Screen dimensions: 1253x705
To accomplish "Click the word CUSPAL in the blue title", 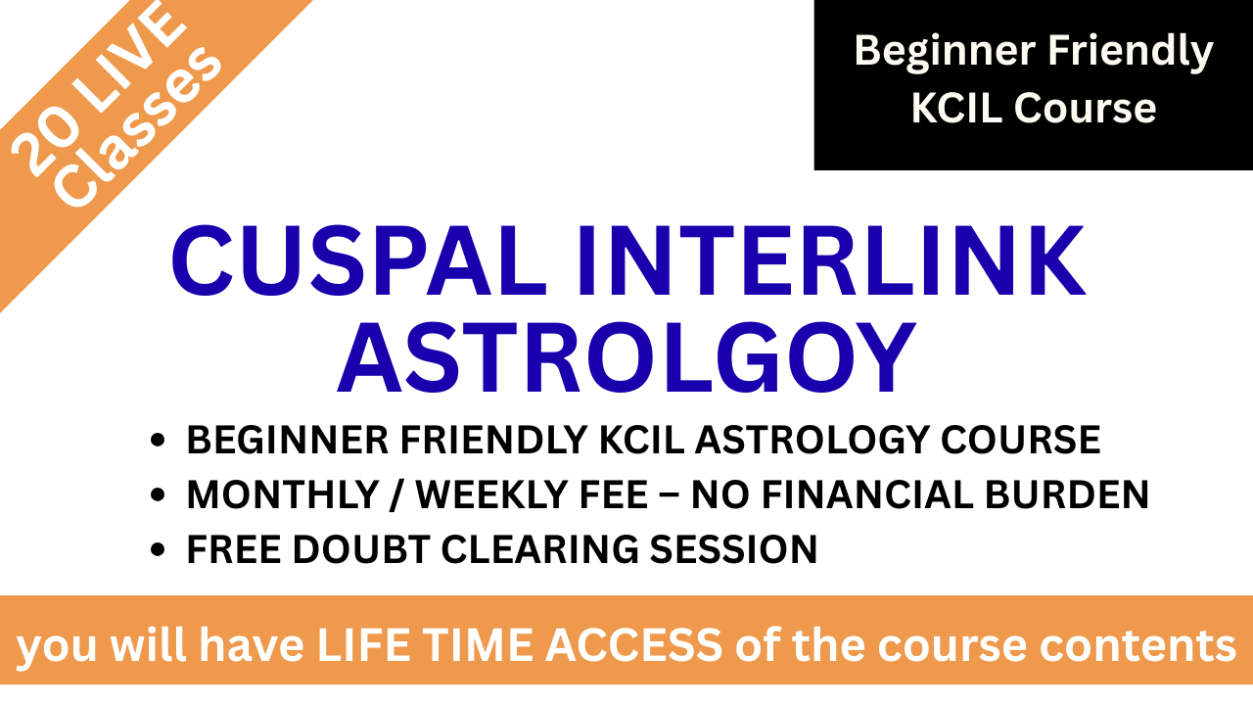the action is [x=359, y=260].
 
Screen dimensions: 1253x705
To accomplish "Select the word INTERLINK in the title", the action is [x=832, y=260].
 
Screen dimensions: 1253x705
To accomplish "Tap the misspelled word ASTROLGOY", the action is [x=626, y=358].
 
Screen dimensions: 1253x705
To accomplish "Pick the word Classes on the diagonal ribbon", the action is [x=141, y=126].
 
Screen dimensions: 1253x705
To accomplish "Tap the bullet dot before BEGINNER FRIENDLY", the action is [x=159, y=441].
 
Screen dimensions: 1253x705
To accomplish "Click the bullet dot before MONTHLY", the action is [x=159, y=495].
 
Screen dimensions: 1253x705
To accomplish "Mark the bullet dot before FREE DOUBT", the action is [x=159, y=549].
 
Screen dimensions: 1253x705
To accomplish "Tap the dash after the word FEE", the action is [x=670, y=495].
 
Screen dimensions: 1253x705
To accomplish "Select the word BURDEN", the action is [x=1067, y=494].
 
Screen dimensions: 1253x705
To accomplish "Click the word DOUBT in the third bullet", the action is [x=361, y=549].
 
